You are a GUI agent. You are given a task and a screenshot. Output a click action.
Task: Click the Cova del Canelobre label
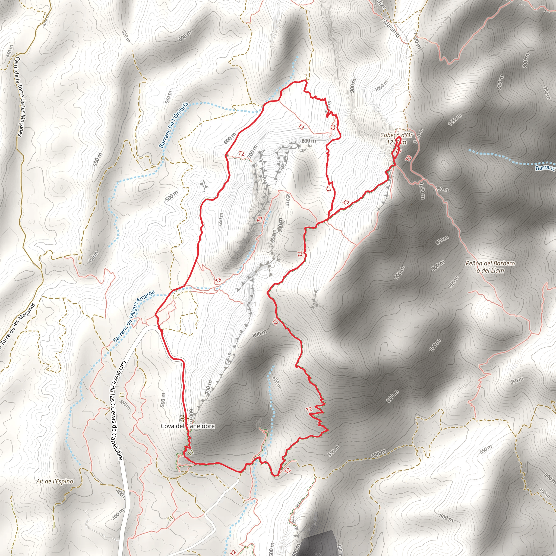[188, 426]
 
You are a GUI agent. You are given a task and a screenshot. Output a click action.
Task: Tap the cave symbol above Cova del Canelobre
[183, 418]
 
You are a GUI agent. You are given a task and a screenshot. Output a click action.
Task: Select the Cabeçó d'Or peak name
[396, 135]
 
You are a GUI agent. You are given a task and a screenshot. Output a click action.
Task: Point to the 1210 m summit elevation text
[396, 142]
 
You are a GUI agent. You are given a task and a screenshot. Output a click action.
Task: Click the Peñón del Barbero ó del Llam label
[490, 267]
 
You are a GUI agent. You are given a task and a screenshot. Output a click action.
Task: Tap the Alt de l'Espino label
[55, 481]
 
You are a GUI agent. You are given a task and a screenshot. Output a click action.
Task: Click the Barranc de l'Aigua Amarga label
[134, 316]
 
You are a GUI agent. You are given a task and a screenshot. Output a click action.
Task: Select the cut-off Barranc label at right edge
[545, 168]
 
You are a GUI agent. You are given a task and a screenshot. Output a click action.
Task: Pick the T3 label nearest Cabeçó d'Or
[408, 158]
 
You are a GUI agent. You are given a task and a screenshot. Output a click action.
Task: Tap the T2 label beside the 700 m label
[241, 153]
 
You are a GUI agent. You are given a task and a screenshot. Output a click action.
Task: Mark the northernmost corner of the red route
[305, 81]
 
